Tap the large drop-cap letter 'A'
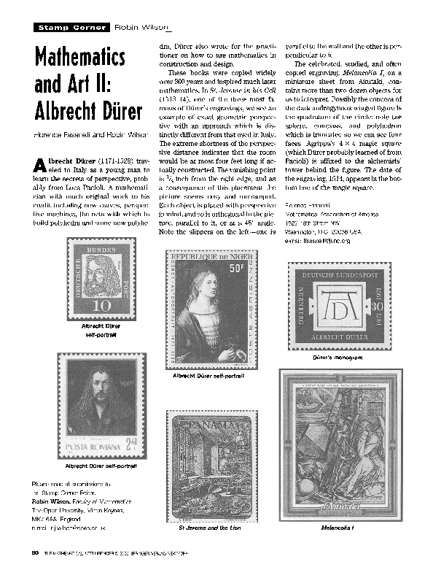(x=39, y=165)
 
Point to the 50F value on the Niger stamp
(x=237, y=269)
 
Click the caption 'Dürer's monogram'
(x=335, y=360)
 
